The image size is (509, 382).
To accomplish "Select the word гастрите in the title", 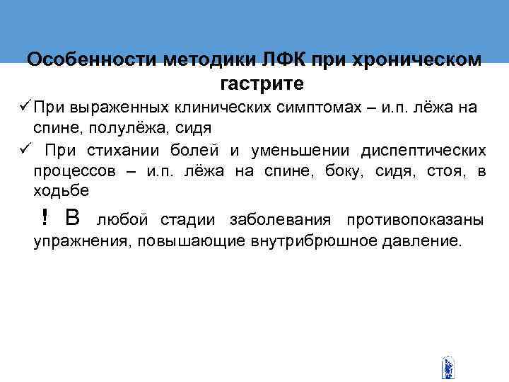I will click(x=262, y=84).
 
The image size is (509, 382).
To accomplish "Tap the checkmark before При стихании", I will click(x=23, y=151).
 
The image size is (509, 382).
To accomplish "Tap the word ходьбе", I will click(x=61, y=192).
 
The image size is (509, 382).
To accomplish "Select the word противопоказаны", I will click(x=415, y=219).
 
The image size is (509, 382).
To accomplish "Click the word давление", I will click(x=421, y=241).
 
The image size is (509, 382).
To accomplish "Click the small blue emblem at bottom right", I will click(x=447, y=368).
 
